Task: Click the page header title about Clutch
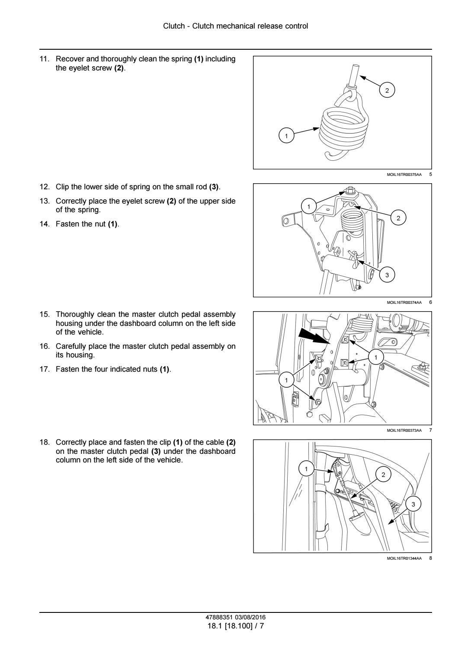coord(235,26)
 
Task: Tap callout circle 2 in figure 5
coord(387,90)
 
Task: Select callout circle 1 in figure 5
coord(285,136)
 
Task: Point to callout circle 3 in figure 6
coord(387,275)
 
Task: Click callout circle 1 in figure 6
coord(308,207)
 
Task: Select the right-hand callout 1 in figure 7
coord(376,357)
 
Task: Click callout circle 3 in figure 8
coord(413,504)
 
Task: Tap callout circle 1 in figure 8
coord(306,469)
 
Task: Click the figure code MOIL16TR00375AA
coord(404,175)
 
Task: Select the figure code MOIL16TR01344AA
coord(404,558)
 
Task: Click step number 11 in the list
coord(44,59)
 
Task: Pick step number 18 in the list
coord(44,442)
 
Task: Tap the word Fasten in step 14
coord(66,224)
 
